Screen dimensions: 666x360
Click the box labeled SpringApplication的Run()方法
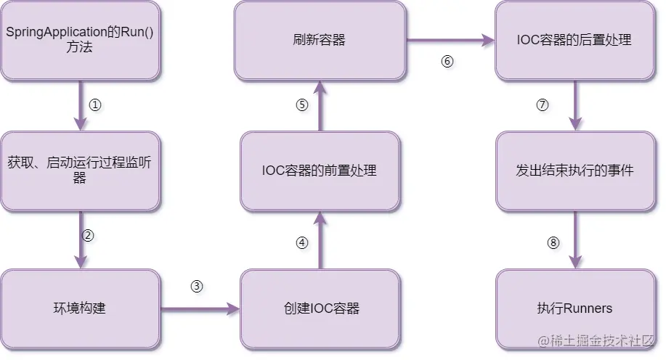pos(81,41)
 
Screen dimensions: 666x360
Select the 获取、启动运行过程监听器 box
pos(81,171)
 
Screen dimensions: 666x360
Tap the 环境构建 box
pos(81,308)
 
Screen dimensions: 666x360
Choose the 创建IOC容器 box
pos(320,308)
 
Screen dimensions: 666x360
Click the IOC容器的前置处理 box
pos(320,171)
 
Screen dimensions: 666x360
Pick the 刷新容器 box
pos(320,41)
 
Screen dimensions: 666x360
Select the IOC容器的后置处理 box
pos(575,41)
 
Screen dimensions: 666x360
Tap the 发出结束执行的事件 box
pos(575,171)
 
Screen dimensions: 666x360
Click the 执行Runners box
pos(575,308)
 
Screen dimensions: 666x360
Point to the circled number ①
pos(95,105)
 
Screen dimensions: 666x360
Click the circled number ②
pos(88,235)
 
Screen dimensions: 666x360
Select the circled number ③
pos(197,286)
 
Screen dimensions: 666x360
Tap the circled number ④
pos(302,243)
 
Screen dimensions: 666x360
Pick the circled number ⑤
pos(302,105)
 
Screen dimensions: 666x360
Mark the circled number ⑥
pos(447,62)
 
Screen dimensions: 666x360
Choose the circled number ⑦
pos(543,105)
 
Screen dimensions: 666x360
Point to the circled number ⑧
pos(553,243)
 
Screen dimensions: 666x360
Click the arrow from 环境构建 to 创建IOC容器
pos(200,308)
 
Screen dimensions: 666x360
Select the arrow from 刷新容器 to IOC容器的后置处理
pos(450,41)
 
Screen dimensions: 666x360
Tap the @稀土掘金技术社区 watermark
pos(596,341)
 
